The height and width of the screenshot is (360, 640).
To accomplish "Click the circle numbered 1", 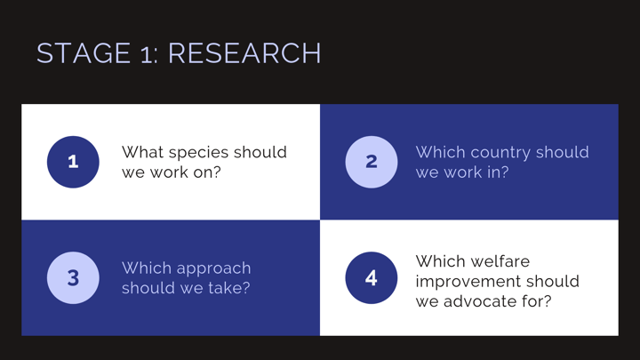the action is (73, 162).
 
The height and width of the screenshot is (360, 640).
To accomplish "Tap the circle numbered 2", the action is (372, 162).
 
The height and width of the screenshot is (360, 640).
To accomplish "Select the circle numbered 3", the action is (73, 278).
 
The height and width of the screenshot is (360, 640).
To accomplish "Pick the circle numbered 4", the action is (372, 278).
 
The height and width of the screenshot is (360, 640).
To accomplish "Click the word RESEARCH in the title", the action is (244, 53).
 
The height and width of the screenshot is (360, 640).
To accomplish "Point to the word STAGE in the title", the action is (84, 53).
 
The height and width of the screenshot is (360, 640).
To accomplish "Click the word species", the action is (198, 154).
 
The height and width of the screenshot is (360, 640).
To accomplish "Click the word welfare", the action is (503, 261).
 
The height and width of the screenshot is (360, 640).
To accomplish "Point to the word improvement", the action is (468, 283).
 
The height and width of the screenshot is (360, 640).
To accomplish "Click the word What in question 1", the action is (142, 152).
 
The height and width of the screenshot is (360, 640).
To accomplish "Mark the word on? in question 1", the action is (207, 172).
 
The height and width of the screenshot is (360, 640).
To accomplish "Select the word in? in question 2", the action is (497, 172).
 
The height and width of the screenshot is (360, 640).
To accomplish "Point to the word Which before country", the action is (440, 152).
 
